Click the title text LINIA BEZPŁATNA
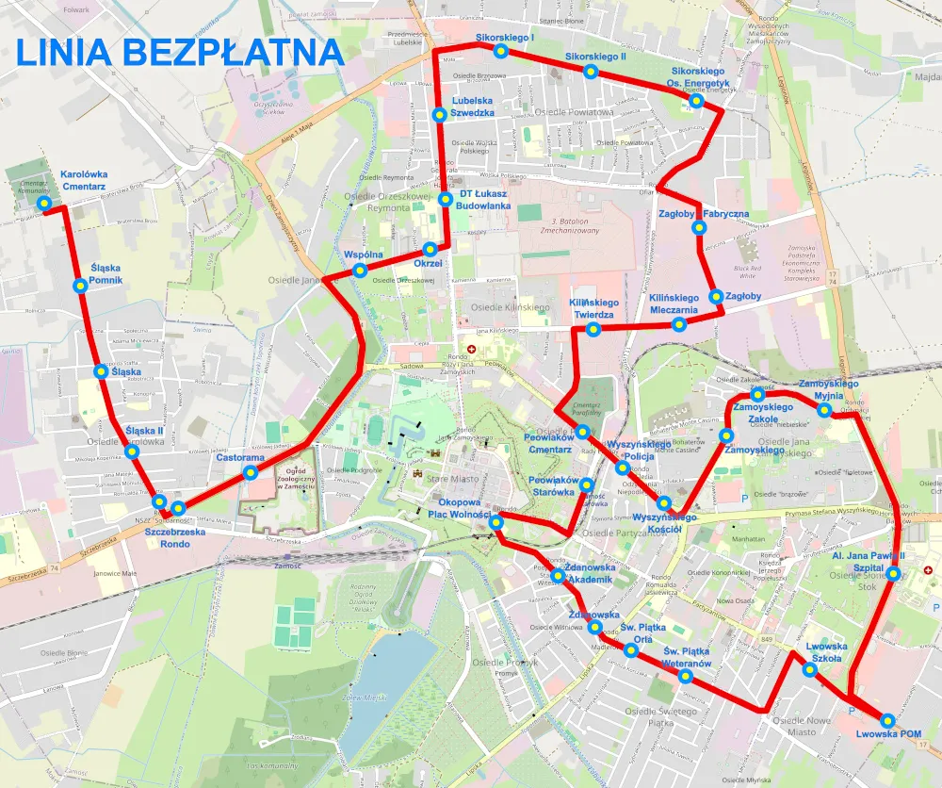pos(179,52)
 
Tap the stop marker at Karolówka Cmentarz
pos(43,204)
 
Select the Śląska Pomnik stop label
pos(106,274)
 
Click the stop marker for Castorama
pos(250,472)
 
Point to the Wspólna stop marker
pos(359,271)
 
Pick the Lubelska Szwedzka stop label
pos(473,106)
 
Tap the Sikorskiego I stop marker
pos(501,51)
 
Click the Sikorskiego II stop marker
pos(591,72)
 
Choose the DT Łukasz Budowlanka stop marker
pos(445,200)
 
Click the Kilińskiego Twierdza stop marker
pos(593,329)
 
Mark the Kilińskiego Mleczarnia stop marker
pos(678,325)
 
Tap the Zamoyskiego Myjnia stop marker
pos(824,410)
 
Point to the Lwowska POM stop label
pos(888,734)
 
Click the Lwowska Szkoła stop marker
pos(809,670)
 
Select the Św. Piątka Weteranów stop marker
pos(685,676)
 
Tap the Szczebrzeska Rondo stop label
pos(174,537)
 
